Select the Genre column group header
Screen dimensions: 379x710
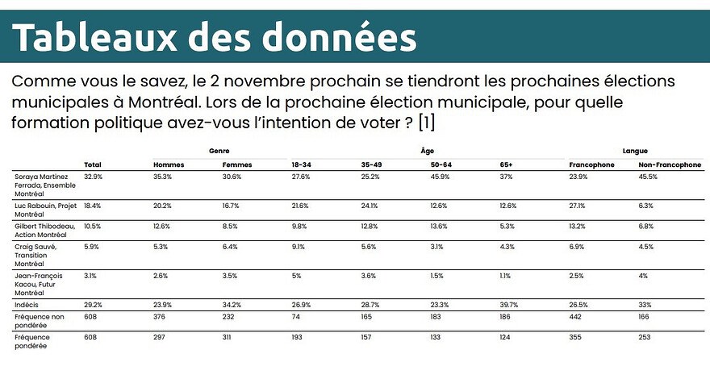(x=219, y=151)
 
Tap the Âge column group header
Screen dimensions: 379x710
(x=427, y=151)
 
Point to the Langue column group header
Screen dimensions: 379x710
(x=635, y=151)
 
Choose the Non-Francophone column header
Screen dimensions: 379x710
(x=669, y=165)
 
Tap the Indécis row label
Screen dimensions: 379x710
(x=27, y=305)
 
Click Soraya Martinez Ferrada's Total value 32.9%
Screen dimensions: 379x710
(x=94, y=176)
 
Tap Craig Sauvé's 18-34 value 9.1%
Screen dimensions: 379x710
(x=299, y=246)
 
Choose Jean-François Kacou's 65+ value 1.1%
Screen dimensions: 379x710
(x=506, y=276)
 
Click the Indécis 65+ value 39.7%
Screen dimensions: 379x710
(x=510, y=306)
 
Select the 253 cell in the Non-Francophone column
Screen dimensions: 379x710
(x=645, y=338)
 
